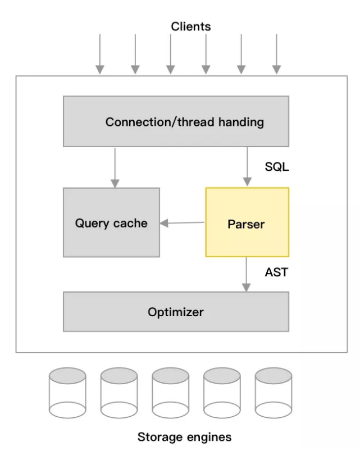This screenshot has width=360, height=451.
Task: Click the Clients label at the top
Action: pos(191,26)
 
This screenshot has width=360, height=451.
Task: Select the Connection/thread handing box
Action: pos(176,121)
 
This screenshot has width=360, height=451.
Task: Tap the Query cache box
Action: pos(111,222)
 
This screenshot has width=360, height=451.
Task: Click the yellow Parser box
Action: pos(247,224)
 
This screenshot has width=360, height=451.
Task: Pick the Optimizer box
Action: pos(176,311)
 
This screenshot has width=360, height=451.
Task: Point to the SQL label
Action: pos(277,167)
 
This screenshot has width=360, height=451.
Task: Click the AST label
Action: pos(276,272)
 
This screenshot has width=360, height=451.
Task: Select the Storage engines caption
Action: pos(184,436)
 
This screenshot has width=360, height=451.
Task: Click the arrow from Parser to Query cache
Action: pos(183,223)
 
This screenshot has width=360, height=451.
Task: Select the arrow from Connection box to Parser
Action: pos(246,166)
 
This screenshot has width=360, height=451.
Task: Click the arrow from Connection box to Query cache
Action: pos(115,167)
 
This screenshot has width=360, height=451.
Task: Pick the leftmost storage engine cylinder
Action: pos(67,393)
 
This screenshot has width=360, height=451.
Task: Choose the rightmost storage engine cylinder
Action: pos(274,393)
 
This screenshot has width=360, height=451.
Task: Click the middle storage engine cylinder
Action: pos(170,393)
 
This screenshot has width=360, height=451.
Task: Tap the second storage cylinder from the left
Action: pos(119,393)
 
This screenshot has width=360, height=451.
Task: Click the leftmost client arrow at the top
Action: pos(100,53)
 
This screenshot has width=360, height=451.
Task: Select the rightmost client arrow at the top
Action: pos(277,53)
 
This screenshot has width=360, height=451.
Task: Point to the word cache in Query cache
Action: pos(130,223)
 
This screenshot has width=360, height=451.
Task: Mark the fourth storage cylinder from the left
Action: pos(222,393)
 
